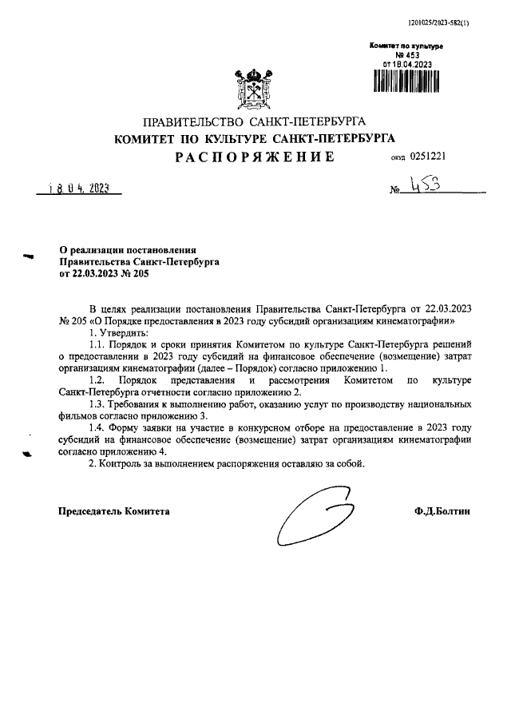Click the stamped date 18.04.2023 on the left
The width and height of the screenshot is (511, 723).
pos(78,189)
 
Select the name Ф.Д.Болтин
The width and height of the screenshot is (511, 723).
pos(442,511)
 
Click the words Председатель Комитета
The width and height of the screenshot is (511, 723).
pos(114,511)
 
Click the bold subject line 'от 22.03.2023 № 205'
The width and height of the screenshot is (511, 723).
pos(104,272)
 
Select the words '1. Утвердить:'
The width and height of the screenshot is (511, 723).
pos(118,332)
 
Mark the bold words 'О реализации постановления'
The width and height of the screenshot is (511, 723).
pos(127,250)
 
